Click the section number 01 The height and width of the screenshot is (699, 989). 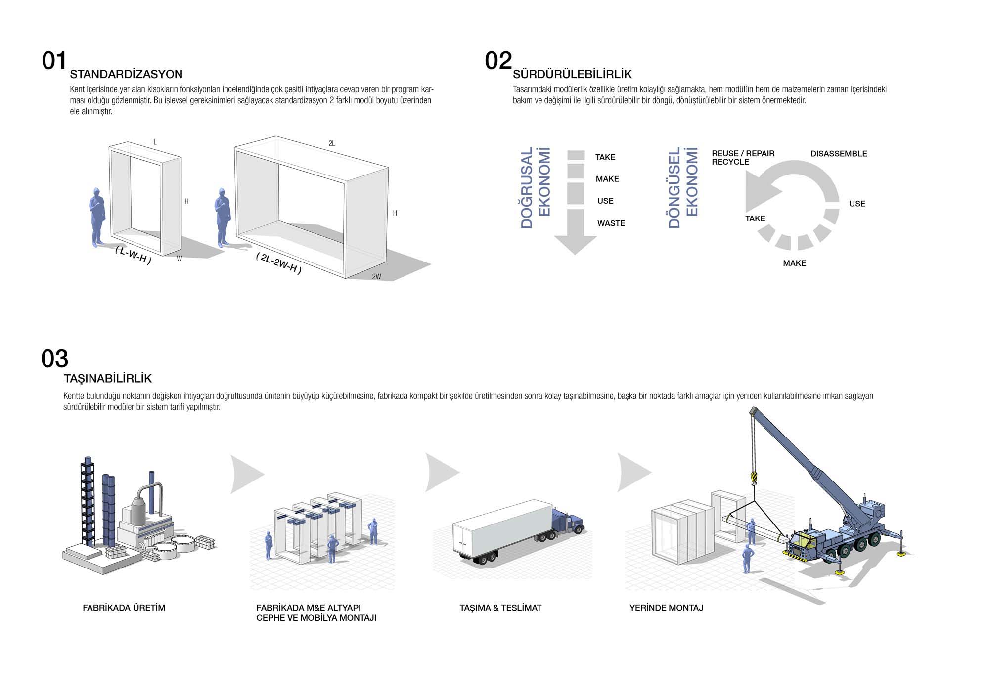pyautogui.click(x=54, y=61)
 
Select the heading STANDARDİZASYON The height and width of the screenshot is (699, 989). pyautogui.click(x=126, y=75)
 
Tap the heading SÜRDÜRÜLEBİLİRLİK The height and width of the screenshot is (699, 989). pyautogui.click(x=572, y=75)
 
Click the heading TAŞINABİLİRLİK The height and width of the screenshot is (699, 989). pyautogui.click(x=108, y=379)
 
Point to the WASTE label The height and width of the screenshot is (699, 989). pyautogui.click(x=611, y=223)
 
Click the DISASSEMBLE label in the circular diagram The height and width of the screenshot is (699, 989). pyautogui.click(x=838, y=154)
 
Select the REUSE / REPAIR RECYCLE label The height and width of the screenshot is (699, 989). pyautogui.click(x=743, y=158)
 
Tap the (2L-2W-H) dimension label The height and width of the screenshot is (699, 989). pyautogui.click(x=279, y=263)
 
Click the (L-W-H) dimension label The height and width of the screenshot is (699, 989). pyautogui.click(x=133, y=255)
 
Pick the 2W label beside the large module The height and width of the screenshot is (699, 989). pyautogui.click(x=376, y=277)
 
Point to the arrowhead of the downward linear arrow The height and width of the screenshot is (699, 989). pyautogui.click(x=575, y=245)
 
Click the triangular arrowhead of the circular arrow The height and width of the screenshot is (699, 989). pyautogui.click(x=762, y=192)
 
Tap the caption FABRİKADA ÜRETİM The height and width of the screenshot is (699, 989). pyautogui.click(x=124, y=608)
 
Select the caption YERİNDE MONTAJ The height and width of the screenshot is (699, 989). pyautogui.click(x=666, y=608)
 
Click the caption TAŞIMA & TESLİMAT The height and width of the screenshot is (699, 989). pyautogui.click(x=500, y=608)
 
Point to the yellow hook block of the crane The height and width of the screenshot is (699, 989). pyautogui.click(x=754, y=478)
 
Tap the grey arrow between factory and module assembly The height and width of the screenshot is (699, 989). pyautogui.click(x=246, y=474)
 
